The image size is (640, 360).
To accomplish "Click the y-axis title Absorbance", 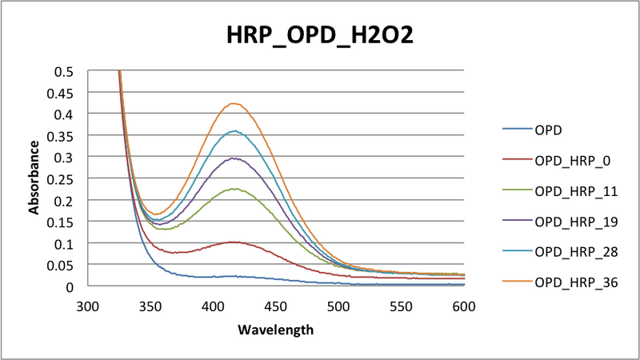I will pyautogui.click(x=34, y=178).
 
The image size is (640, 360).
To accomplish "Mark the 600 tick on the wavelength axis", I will pyautogui.click(x=464, y=306).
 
